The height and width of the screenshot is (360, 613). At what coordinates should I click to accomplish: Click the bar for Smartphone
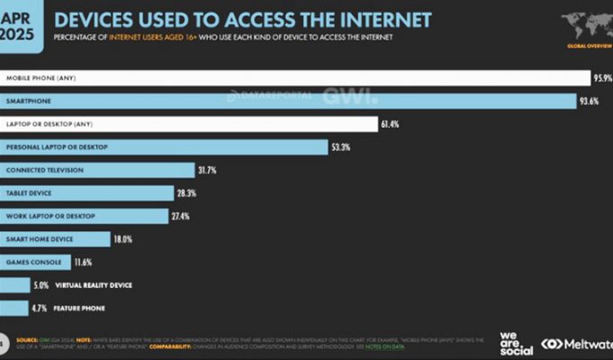coord(288,101)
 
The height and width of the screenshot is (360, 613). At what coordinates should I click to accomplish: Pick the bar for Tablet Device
coord(87,193)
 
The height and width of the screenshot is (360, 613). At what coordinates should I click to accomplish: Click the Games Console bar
coord(47,262)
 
